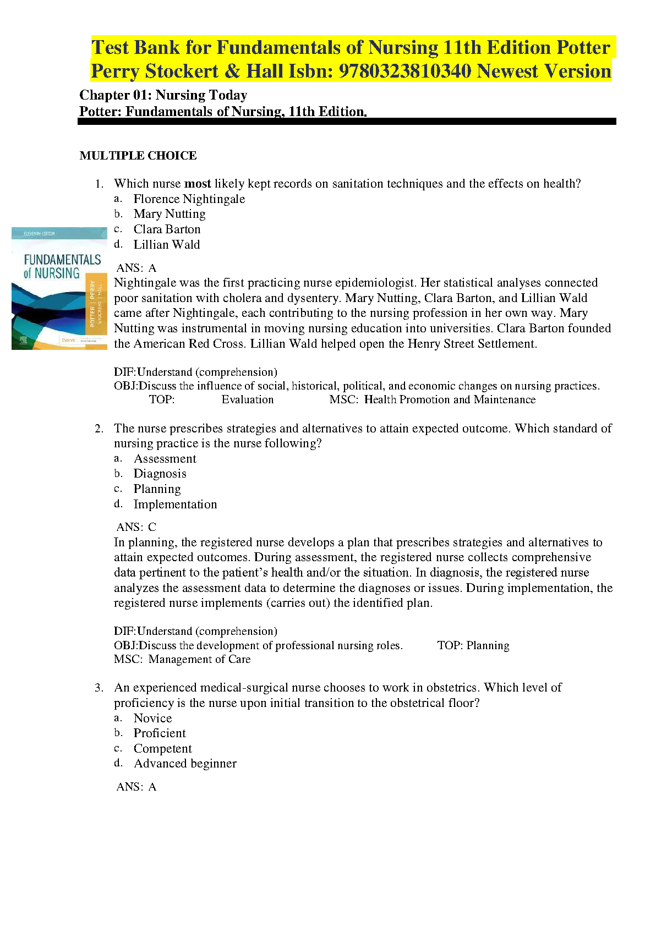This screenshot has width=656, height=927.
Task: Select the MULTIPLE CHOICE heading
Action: [138, 156]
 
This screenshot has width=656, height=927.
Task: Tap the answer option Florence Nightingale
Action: [189, 199]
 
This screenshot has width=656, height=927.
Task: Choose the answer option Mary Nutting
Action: [169, 214]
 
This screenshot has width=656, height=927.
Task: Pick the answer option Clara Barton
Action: [167, 229]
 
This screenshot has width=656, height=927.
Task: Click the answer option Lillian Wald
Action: [166, 245]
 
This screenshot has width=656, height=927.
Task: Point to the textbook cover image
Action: [59, 288]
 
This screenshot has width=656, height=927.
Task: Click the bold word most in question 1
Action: [198, 184]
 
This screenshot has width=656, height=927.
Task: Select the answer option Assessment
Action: [165, 459]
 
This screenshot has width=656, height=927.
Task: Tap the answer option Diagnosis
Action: [160, 474]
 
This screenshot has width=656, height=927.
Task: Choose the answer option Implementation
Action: [175, 504]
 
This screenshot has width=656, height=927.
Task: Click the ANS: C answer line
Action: [136, 527]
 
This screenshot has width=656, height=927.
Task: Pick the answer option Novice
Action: [152, 718]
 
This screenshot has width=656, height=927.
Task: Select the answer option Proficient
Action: [160, 733]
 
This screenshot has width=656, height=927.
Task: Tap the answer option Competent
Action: [162, 749]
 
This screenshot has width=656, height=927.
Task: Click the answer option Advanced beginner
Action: [185, 764]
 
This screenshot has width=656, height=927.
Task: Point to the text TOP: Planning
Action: [473, 645]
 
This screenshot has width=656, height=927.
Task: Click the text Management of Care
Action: [199, 659]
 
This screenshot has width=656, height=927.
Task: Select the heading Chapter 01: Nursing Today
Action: [163, 95]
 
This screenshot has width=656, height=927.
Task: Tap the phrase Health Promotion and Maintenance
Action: [450, 400]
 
